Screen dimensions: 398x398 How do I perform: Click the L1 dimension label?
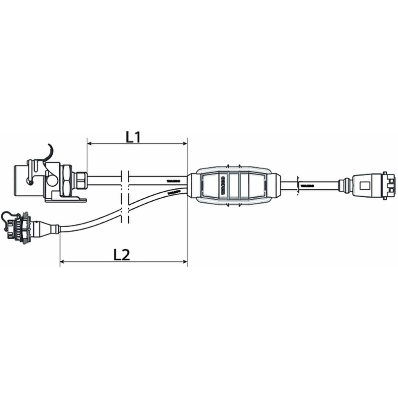(133, 137)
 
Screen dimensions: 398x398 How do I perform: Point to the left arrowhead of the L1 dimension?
(89, 144)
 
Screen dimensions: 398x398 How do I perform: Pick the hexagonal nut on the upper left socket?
(67, 179)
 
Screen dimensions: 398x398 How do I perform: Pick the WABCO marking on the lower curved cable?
(174, 192)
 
